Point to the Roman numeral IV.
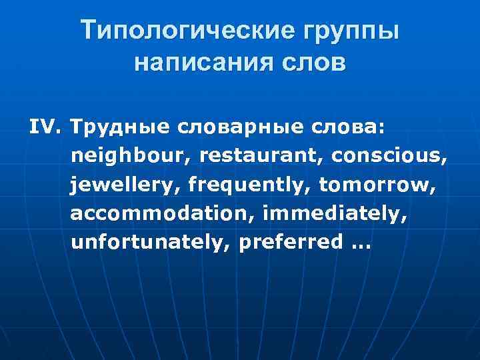click(x=45, y=127)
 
